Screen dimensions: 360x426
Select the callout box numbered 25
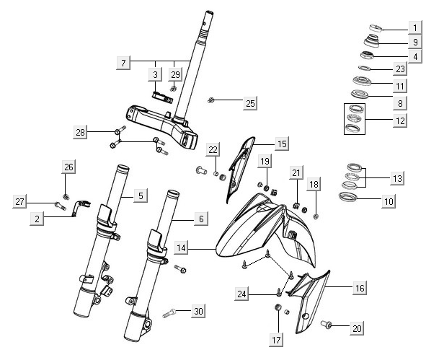[250, 104]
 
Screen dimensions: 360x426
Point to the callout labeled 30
[199, 312]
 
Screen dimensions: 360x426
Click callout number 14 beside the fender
[182, 248]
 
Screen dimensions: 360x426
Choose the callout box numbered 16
[359, 288]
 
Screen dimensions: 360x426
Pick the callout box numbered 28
[81, 132]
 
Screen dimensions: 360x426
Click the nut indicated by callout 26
[66, 196]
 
